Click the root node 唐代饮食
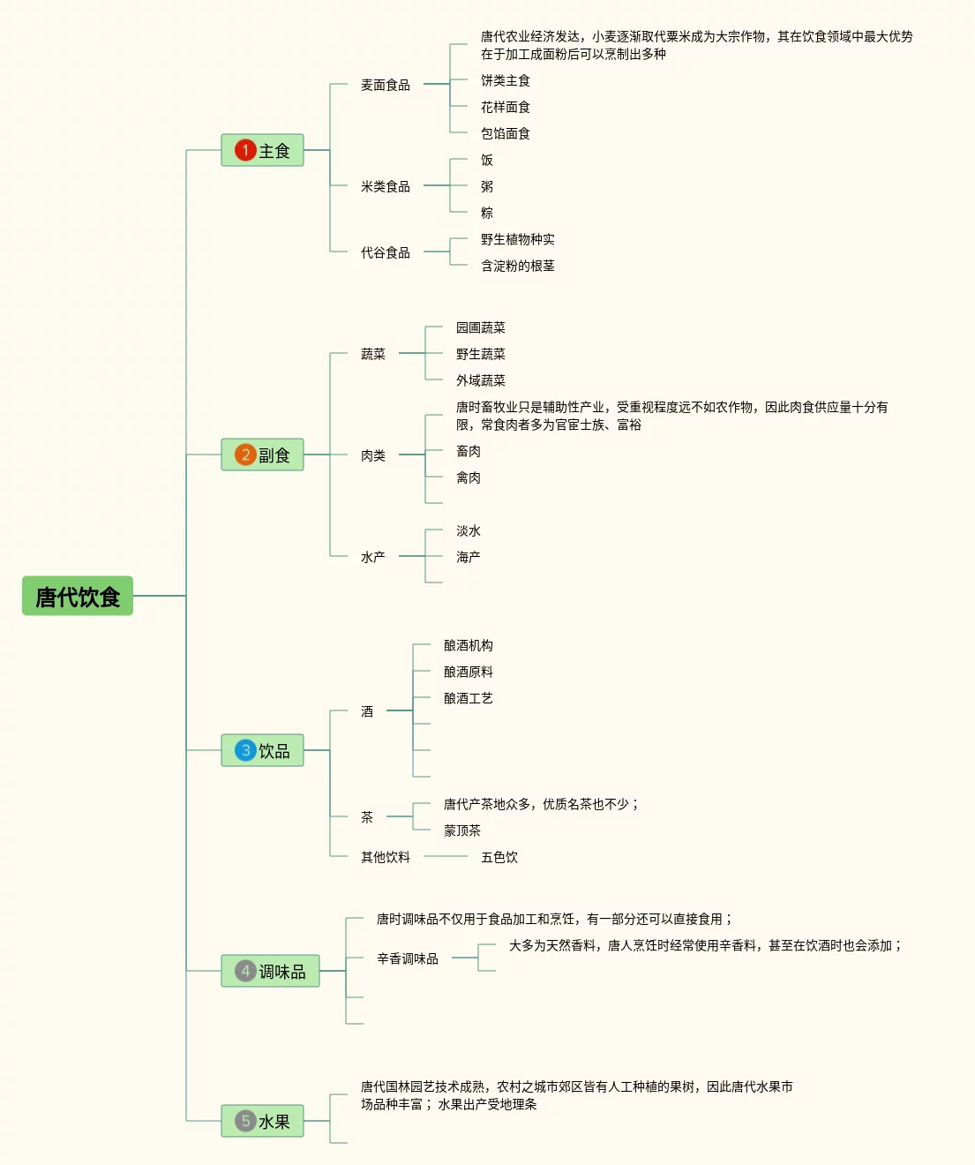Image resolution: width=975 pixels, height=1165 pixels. (x=78, y=597)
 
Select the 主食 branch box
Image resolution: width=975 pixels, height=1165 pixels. (x=262, y=151)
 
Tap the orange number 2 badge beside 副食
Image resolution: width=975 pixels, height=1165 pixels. (x=245, y=455)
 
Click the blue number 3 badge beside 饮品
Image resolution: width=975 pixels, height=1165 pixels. (x=245, y=750)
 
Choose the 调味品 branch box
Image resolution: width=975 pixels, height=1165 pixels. (x=270, y=971)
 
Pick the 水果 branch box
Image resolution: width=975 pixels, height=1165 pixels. (x=262, y=1121)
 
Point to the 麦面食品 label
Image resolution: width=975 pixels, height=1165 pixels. (x=386, y=85)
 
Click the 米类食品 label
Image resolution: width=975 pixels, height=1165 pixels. (x=386, y=186)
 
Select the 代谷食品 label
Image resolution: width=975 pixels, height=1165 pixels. (x=386, y=252)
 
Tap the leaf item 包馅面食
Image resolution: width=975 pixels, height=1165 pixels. (x=506, y=133)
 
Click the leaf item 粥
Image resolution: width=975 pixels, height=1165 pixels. (x=487, y=186)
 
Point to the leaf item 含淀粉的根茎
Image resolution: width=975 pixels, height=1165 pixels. (x=518, y=266)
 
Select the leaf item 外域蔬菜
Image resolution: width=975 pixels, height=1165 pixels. (x=481, y=380)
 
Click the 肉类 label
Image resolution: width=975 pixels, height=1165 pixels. (x=373, y=455)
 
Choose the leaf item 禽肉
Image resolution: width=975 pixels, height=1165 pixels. (x=469, y=477)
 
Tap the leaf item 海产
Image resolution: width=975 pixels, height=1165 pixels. (x=469, y=557)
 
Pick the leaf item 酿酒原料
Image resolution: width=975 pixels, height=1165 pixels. (x=469, y=672)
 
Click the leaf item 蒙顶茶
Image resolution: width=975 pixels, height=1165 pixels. (x=462, y=831)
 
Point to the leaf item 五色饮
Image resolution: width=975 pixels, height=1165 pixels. (x=499, y=857)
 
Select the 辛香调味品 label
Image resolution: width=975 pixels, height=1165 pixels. (x=408, y=958)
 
